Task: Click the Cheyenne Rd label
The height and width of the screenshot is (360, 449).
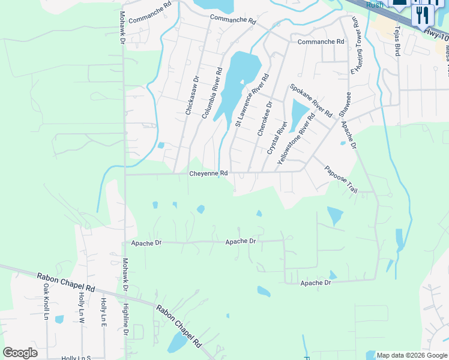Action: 208,173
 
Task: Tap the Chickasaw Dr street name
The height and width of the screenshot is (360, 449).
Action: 191,95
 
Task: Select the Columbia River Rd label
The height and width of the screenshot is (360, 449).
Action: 212,93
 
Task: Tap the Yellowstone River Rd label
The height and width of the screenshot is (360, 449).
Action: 297,140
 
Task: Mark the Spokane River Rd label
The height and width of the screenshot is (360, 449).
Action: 311,100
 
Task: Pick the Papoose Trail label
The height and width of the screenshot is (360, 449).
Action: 341,179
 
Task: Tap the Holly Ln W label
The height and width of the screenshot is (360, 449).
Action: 83,310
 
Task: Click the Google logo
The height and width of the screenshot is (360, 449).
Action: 20,353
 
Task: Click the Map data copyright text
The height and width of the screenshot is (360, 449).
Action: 412,355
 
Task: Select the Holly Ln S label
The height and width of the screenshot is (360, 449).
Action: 76,358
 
